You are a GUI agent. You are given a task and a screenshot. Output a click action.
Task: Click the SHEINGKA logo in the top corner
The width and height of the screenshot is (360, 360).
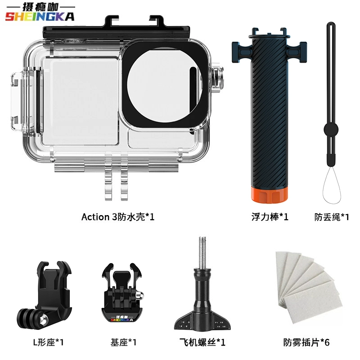click(x=40, y=13)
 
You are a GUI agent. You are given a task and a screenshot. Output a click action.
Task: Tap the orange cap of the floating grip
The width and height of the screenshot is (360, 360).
click(x=269, y=195)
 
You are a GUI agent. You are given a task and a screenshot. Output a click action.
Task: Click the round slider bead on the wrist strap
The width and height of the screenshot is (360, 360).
click(x=331, y=130)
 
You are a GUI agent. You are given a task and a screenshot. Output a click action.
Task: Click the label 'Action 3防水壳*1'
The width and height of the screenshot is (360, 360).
click(x=118, y=217)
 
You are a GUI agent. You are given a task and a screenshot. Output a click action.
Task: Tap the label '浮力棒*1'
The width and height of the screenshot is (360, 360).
click(x=270, y=217)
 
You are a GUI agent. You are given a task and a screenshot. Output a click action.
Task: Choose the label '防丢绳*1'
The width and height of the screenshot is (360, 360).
click(x=332, y=217)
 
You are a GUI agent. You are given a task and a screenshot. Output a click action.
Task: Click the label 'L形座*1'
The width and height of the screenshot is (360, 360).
click(x=49, y=342)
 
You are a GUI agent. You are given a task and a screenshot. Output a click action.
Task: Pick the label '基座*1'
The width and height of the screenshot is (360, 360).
click(x=123, y=342)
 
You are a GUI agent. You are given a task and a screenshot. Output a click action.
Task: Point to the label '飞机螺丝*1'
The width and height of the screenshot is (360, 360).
click(x=202, y=342)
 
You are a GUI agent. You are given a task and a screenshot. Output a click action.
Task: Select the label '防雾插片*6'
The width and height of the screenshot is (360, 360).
click(x=306, y=342)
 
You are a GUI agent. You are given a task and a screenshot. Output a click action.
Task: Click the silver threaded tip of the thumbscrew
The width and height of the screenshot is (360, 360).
click(x=202, y=252)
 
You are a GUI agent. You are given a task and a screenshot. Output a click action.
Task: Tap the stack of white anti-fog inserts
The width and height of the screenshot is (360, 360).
click(x=309, y=287)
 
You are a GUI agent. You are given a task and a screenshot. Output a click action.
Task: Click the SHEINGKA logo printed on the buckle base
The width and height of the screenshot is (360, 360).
click(x=121, y=319)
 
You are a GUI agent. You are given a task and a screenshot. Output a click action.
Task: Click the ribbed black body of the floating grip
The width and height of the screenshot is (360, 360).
click(x=269, y=112)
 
